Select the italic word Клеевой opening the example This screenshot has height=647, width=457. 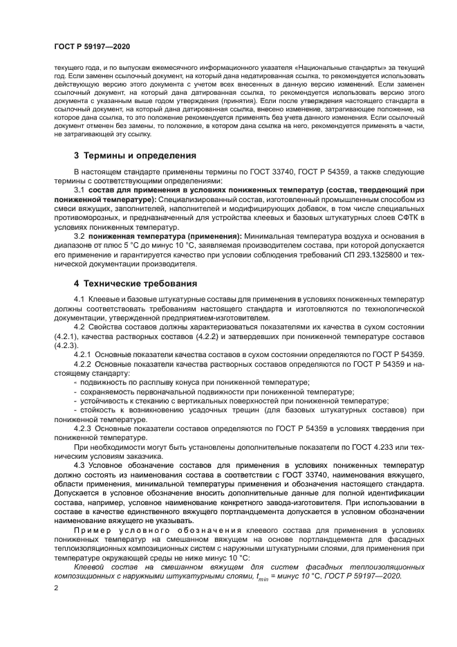(x=91, y=566)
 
